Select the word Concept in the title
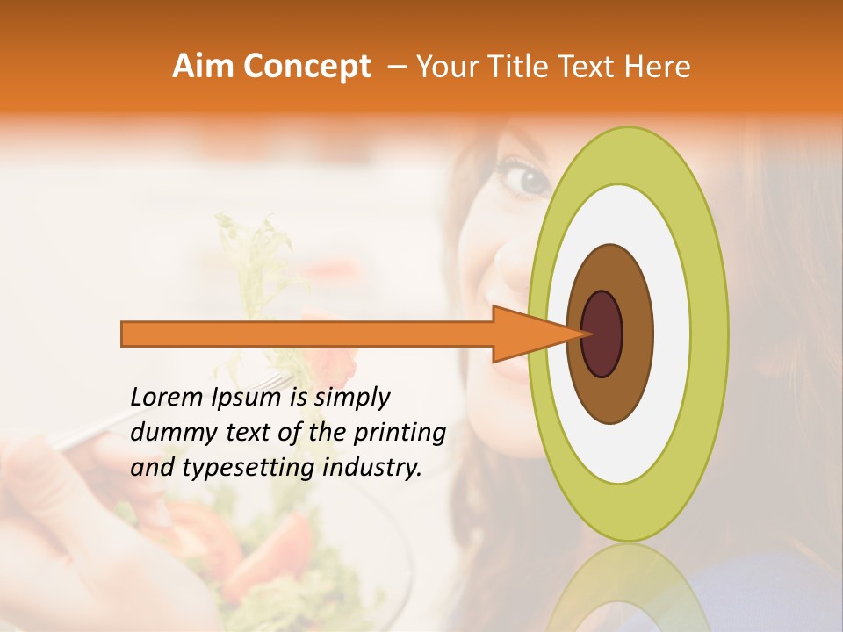click(306, 67)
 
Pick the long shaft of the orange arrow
click(307, 334)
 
